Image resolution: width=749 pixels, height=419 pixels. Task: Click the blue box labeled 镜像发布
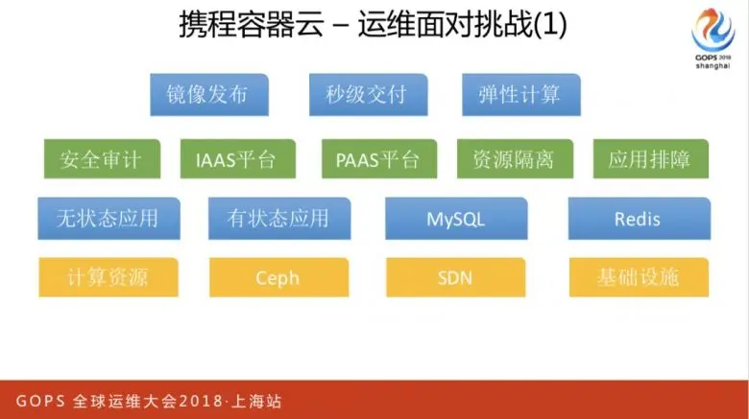208,95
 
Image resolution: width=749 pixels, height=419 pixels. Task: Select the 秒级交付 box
366,95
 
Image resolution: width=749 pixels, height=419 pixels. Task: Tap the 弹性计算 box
519,95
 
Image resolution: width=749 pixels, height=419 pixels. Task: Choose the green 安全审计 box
100,159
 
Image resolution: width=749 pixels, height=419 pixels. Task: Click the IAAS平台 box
229,159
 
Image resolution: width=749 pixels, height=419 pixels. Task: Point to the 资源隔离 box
513,159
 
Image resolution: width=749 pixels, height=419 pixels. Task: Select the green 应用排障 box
649,159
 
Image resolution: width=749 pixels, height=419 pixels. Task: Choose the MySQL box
456,219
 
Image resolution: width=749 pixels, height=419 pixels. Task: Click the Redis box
638,219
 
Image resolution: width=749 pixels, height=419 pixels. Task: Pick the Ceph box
278,278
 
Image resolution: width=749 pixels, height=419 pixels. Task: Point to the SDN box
456,278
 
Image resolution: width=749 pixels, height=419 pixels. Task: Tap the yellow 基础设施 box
638,278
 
